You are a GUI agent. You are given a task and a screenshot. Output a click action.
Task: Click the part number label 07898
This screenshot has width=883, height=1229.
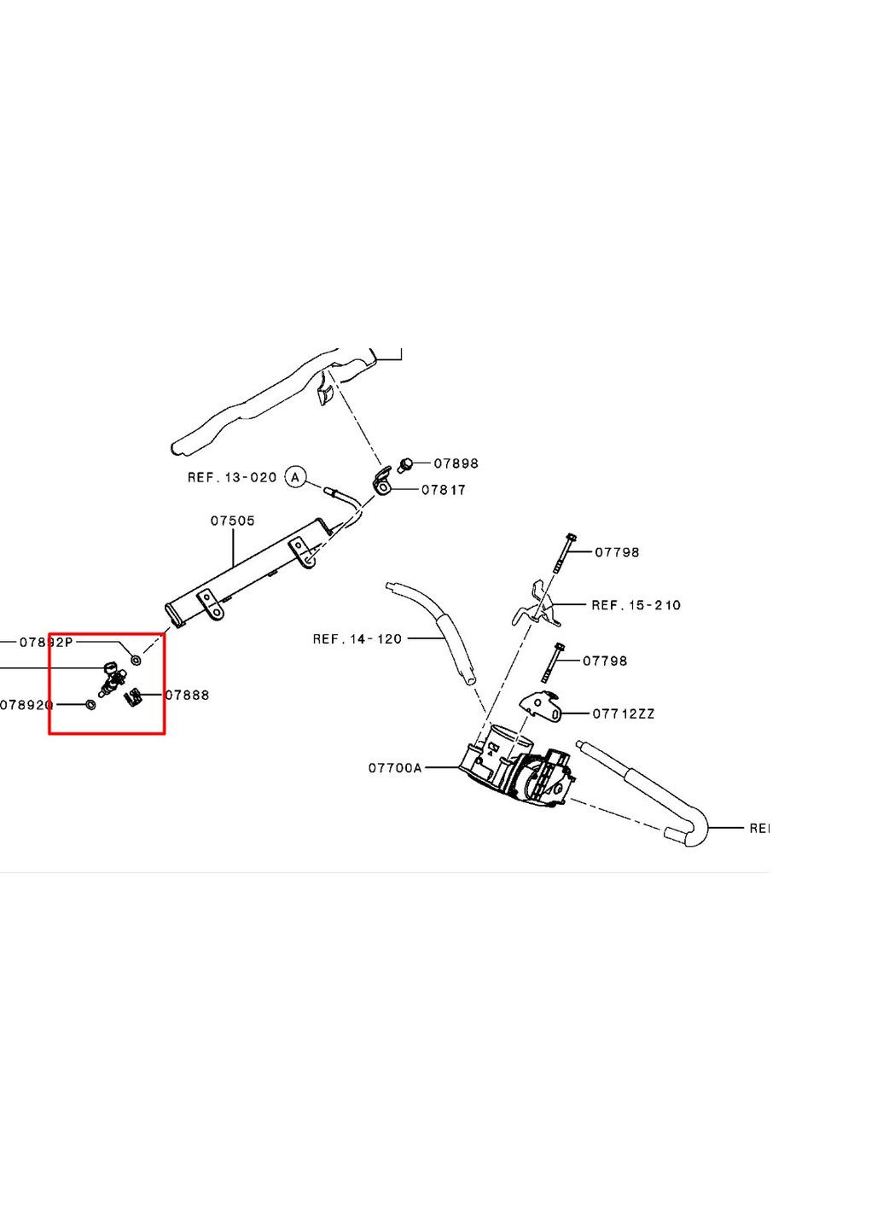456,463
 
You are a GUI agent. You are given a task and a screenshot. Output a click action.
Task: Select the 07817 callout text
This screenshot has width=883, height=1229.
444,490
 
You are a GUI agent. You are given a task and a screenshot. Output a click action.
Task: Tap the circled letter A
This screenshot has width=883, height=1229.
295,477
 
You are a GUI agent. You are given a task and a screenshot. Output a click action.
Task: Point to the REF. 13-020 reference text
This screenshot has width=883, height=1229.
232,478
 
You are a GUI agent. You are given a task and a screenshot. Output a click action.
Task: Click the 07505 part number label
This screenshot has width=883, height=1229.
232,521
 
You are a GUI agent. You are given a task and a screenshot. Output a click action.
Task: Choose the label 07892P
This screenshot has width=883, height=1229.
46,642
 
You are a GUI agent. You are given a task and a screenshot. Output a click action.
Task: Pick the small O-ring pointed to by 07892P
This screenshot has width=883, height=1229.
136,660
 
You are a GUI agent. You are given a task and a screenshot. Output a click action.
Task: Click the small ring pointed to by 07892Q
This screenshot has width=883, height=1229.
90,704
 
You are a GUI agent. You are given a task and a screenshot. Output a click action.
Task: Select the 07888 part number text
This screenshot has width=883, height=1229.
187,695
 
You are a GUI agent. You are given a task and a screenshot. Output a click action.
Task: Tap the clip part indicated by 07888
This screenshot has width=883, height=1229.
132,699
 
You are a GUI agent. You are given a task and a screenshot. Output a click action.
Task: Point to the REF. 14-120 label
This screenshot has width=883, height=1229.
357,638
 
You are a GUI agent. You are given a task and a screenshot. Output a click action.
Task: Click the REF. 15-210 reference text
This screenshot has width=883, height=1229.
636,605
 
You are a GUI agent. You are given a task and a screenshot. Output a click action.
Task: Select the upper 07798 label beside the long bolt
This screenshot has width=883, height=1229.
617,552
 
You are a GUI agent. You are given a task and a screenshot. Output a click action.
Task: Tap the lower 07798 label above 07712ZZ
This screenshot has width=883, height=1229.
605,661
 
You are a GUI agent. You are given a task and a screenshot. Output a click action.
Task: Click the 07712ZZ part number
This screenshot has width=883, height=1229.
624,714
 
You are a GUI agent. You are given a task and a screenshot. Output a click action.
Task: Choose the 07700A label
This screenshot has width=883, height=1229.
395,768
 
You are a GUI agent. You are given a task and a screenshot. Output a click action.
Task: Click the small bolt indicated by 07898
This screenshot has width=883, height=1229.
407,464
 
